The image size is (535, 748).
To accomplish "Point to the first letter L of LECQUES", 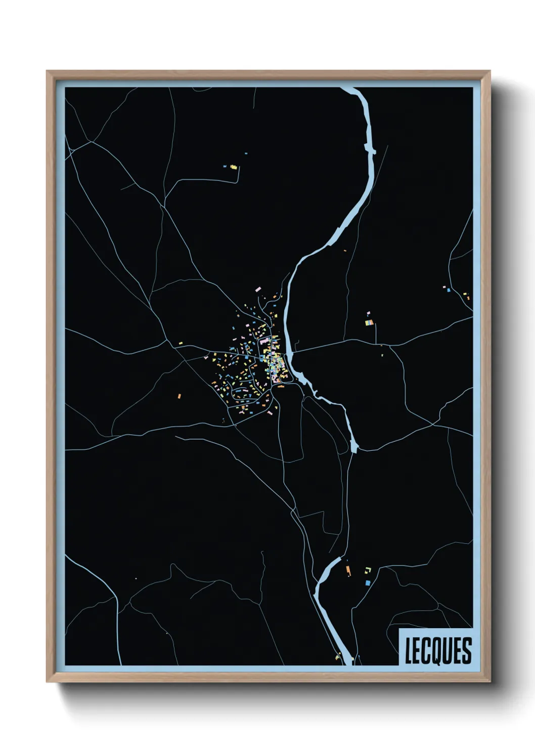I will click(409, 650).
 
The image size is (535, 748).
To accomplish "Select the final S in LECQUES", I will click(467, 650).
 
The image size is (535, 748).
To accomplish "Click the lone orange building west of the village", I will click(179, 396).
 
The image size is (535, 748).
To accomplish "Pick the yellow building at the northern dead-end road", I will click(233, 166).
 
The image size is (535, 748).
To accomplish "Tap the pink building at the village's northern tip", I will click(258, 290).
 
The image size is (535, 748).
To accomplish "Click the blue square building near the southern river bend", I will click(368, 583).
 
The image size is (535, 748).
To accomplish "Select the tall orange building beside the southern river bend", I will click(348, 571).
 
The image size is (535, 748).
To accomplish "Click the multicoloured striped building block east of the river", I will click(369, 322).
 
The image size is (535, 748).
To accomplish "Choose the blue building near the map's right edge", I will click(448, 291).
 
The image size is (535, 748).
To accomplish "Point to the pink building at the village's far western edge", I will click(206, 357).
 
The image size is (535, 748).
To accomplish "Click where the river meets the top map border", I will click(349, 89).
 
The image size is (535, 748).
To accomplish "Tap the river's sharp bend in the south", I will click(318, 586).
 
